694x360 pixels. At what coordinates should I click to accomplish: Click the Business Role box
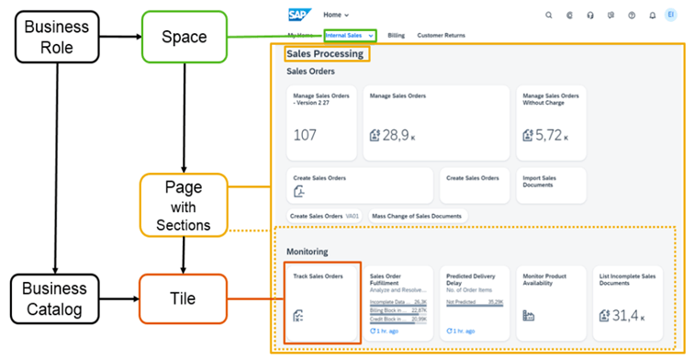tap(57, 37)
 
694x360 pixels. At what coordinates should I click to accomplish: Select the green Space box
tap(184, 37)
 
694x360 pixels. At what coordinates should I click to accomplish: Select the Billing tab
tap(396, 35)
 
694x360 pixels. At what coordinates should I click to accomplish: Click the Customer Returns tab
tap(441, 35)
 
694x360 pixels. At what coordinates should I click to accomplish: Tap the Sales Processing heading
tap(324, 54)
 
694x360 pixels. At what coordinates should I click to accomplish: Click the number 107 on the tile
tap(305, 135)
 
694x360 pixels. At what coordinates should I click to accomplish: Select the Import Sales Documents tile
tap(549, 185)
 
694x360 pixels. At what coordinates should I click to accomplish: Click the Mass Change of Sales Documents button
tap(417, 216)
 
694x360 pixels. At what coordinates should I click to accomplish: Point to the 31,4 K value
tap(626, 317)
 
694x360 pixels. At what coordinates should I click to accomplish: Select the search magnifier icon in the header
tap(549, 15)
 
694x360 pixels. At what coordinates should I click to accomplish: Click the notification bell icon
tap(652, 15)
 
